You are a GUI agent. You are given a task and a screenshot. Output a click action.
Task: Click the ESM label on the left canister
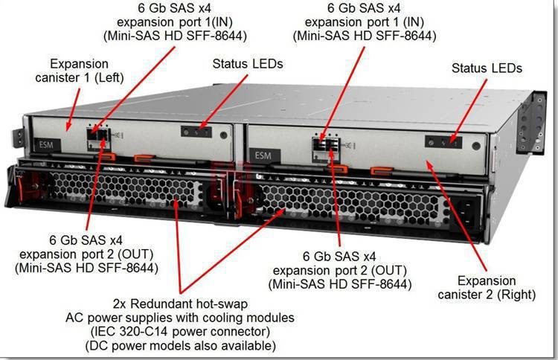click(x=47, y=145)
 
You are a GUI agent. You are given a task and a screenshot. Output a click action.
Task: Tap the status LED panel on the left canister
click(x=196, y=132)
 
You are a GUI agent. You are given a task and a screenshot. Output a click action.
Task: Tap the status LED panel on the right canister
click(x=443, y=142)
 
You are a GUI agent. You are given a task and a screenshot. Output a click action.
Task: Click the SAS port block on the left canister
click(x=98, y=138)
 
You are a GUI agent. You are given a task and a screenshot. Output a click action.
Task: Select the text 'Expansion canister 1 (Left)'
click(x=80, y=71)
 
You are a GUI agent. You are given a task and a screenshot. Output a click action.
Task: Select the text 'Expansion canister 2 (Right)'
click(x=487, y=287)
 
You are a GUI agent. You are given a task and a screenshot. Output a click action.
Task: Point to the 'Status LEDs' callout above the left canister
click(x=248, y=64)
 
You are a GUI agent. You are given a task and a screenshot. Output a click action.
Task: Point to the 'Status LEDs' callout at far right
click(x=487, y=68)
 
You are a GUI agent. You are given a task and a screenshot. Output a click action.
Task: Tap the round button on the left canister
click(x=223, y=135)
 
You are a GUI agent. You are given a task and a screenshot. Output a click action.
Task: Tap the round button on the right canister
click(x=476, y=146)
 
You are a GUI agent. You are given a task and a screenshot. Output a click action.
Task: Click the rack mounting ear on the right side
click(x=532, y=123)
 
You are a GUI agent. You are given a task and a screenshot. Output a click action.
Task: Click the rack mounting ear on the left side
click(x=18, y=138)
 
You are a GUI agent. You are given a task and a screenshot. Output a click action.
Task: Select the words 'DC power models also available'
click(x=181, y=345)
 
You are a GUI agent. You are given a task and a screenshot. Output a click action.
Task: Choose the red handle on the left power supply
click(x=21, y=187)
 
